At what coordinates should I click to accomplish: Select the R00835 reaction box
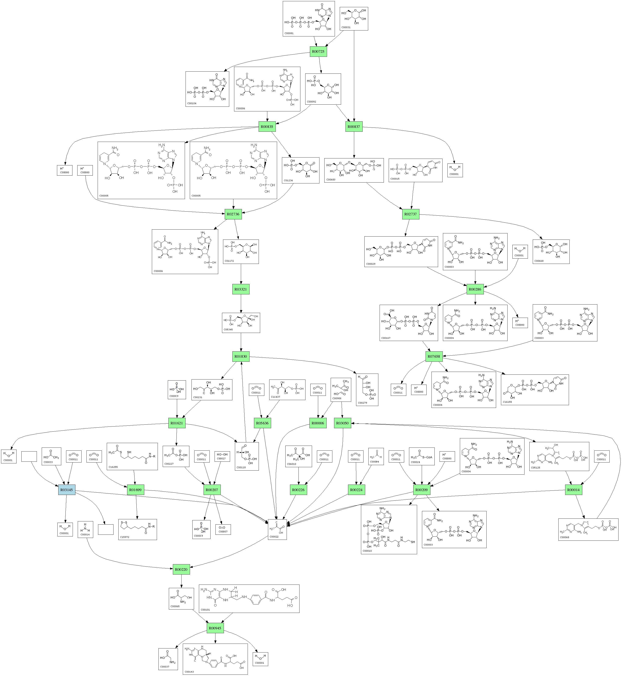click(267, 127)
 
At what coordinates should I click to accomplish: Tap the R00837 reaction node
click(354, 127)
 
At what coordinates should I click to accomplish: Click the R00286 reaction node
click(475, 289)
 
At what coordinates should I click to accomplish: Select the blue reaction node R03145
click(67, 490)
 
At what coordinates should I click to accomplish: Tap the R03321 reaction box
click(241, 289)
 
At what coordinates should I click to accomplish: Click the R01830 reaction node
click(241, 357)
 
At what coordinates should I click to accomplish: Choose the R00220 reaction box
click(181, 569)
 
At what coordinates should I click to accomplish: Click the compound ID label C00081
click(289, 33)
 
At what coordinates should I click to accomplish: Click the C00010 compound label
click(367, 551)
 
